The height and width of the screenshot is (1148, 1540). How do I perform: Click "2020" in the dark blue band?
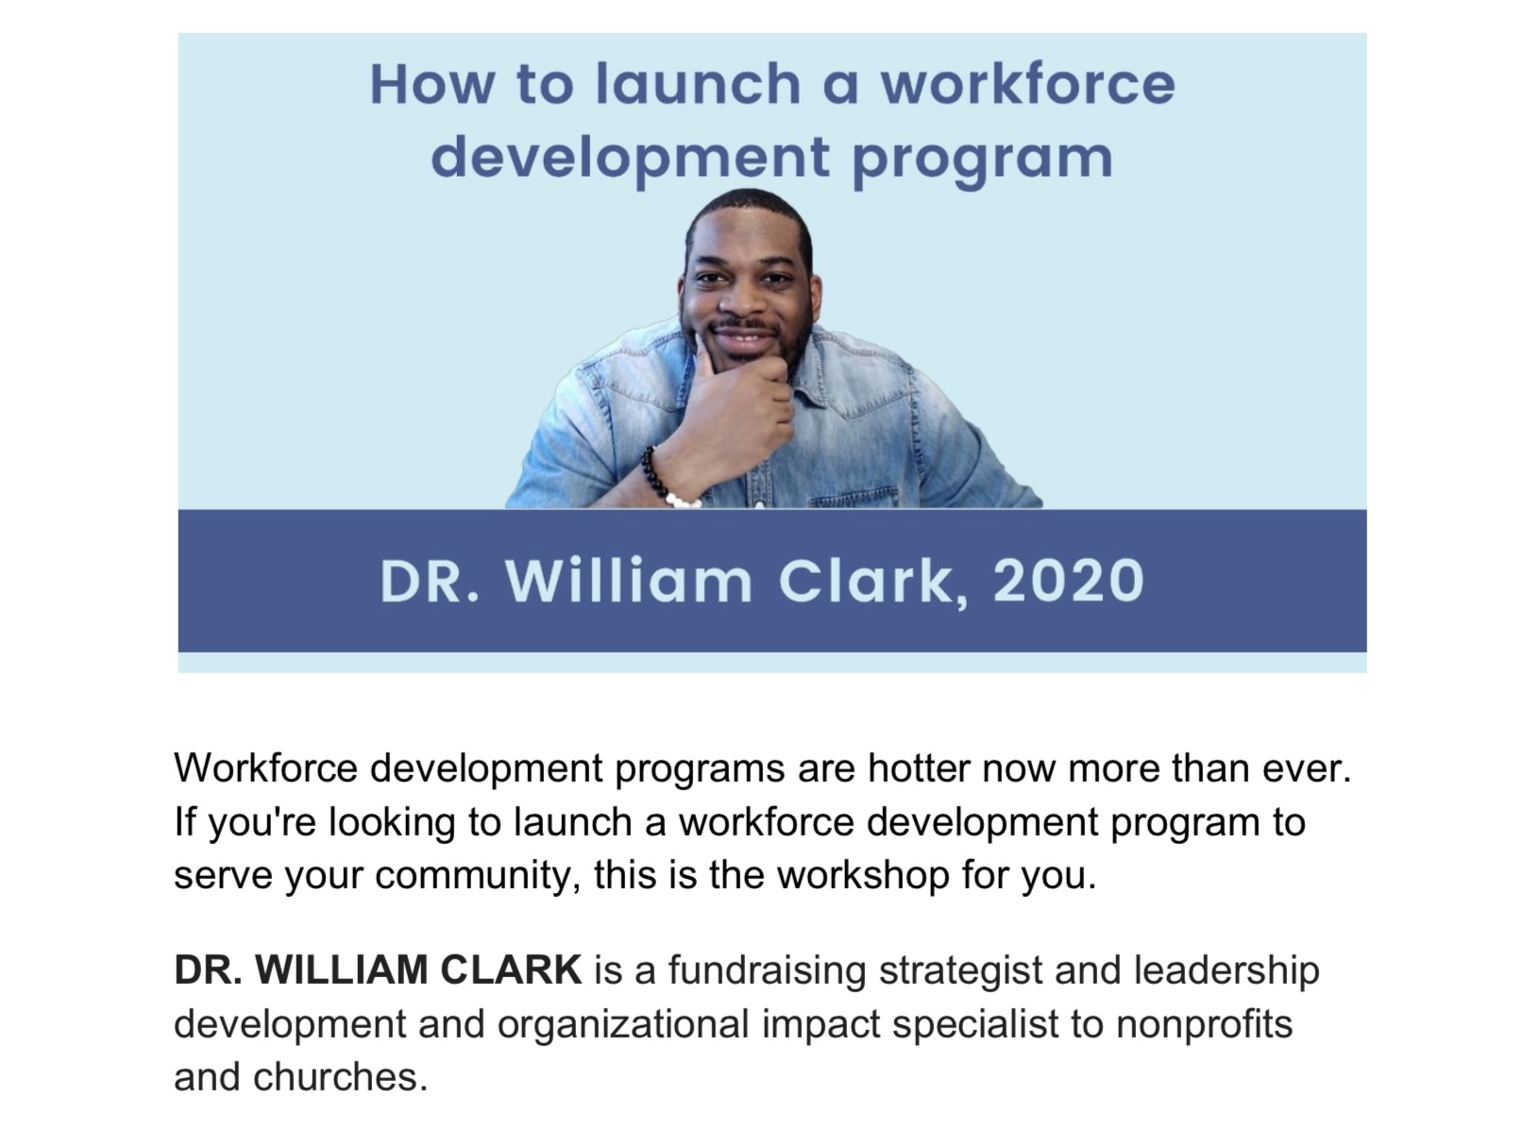(x=1068, y=582)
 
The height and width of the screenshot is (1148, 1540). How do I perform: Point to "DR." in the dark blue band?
(x=430, y=582)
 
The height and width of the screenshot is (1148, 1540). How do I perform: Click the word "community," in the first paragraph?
(x=478, y=876)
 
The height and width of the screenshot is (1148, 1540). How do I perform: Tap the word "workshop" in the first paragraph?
(x=863, y=876)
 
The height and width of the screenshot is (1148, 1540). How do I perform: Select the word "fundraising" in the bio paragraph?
(x=768, y=971)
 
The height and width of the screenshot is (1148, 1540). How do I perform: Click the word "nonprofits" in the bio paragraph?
(x=1204, y=1024)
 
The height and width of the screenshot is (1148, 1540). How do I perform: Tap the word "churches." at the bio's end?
(x=340, y=1077)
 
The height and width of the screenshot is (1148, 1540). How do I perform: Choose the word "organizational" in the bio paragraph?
(x=624, y=1024)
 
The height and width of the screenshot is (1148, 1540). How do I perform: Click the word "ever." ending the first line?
(x=1307, y=768)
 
